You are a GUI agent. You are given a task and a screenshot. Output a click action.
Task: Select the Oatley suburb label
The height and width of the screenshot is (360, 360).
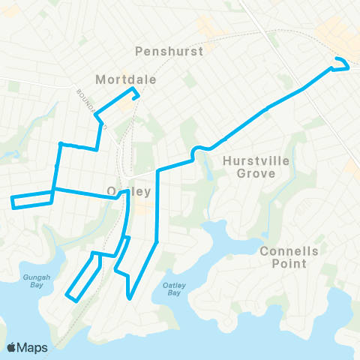pyautogui.click(x=129, y=191)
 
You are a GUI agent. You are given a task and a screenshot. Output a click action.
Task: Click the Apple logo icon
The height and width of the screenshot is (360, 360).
pyautogui.click(x=11, y=346)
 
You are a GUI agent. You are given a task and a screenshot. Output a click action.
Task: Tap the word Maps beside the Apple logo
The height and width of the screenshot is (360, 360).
pyautogui.click(x=33, y=346)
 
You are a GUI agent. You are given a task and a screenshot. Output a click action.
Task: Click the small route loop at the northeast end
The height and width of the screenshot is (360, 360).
pyautogui.click(x=342, y=64)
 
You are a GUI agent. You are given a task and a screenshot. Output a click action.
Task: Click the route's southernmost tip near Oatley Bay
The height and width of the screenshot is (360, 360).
pyautogui.click(x=130, y=298)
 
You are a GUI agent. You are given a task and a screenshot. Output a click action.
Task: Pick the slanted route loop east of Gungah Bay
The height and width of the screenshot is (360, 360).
pyautogui.click(x=84, y=277)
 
